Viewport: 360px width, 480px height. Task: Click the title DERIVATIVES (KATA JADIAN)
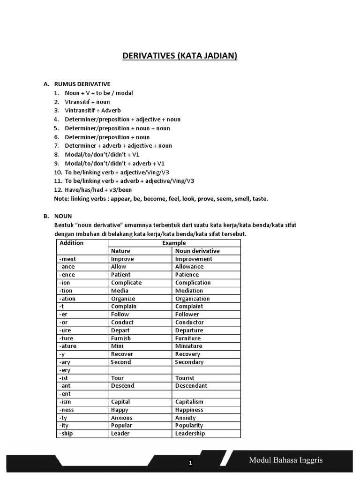pyautogui.click(x=180, y=56)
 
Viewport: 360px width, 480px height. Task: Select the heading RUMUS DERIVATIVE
pyautogui.click(x=82, y=84)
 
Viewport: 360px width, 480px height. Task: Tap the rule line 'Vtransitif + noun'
pyautogui.click(x=87, y=102)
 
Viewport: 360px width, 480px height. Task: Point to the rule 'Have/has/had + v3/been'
pyautogui.click(x=98, y=190)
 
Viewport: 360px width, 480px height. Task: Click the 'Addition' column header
pyautogui.click(x=71, y=243)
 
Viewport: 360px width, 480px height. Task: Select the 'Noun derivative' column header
pyautogui.click(x=197, y=251)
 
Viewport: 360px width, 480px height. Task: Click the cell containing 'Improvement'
pyautogui.click(x=194, y=259)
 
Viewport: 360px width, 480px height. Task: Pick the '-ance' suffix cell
pyautogui.click(x=67, y=267)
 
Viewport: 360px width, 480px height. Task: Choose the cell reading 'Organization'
pyautogui.click(x=193, y=299)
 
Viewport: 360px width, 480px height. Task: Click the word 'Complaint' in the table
pyautogui.click(x=189, y=307)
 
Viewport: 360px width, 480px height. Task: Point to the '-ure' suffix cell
pyautogui.click(x=66, y=330)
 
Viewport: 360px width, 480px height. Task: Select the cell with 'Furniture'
pyautogui.click(x=188, y=338)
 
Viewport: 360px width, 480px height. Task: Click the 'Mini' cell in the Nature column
pyautogui.click(x=117, y=346)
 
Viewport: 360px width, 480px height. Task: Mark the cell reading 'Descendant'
pyautogui.click(x=191, y=386)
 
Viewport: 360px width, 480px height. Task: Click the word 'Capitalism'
pyautogui.click(x=189, y=402)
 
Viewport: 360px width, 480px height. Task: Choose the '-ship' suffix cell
pyautogui.click(x=67, y=434)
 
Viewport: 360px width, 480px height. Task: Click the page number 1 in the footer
pyautogui.click(x=190, y=463)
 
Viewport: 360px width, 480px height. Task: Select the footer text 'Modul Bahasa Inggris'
pyautogui.click(x=286, y=460)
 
